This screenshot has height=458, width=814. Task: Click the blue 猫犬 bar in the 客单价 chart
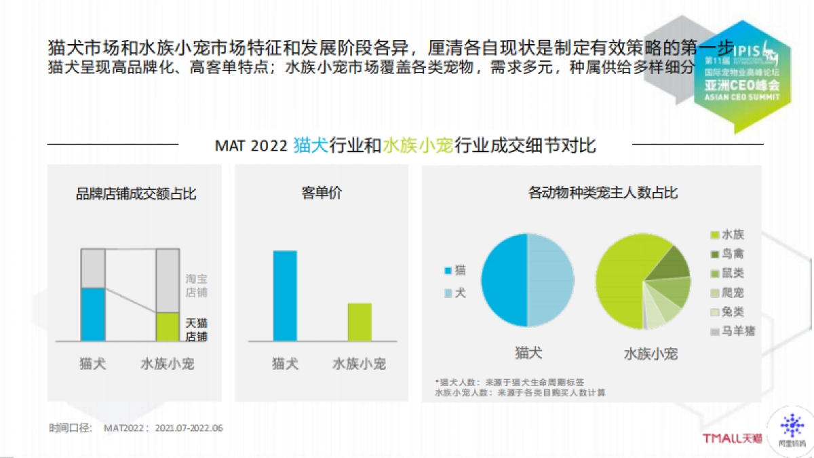(x=285, y=296)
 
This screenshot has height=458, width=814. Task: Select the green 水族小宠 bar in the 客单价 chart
(x=360, y=322)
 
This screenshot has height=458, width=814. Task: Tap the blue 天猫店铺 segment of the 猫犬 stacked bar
(x=93, y=314)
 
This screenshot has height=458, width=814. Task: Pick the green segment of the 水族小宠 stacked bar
(x=168, y=326)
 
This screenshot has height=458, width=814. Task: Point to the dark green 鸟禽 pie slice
(x=671, y=261)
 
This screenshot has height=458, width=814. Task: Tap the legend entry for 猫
(x=454, y=271)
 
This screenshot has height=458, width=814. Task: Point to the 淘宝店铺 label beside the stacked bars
(x=196, y=286)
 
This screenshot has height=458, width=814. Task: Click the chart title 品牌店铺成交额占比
(x=136, y=193)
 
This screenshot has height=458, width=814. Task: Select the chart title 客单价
(x=322, y=193)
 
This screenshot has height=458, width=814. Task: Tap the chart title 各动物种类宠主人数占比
(x=602, y=193)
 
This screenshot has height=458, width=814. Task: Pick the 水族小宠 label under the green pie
(x=651, y=354)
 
